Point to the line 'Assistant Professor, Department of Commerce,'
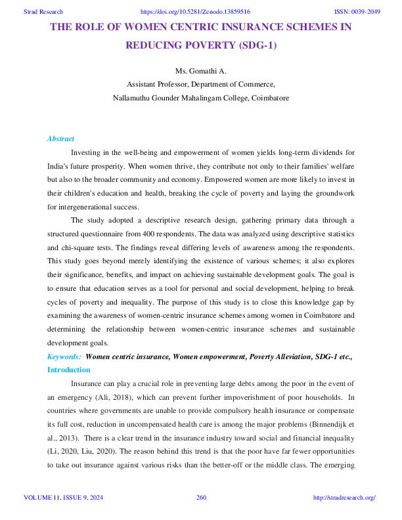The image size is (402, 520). [200, 84]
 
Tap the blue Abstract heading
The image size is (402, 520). [60, 139]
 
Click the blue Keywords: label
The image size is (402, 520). [64, 356]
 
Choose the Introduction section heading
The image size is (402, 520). [69, 370]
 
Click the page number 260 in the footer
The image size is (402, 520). [202, 498]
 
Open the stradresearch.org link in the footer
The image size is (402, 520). [345, 498]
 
